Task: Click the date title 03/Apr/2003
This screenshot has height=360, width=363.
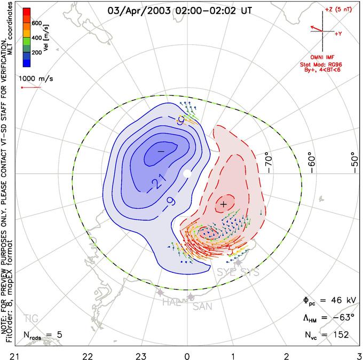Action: point(137,10)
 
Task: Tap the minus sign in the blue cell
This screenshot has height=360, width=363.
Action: point(160,152)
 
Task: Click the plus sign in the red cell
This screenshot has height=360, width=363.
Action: point(223,204)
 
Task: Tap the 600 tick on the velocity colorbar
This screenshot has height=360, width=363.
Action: point(37,23)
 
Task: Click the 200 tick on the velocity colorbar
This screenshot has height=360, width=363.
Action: point(37,53)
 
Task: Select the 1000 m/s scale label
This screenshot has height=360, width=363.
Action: point(36,78)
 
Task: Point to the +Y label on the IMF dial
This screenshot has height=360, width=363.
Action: point(338,34)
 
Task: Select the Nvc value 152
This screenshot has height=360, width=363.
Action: point(339,335)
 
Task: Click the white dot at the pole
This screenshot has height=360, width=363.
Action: point(187,174)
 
